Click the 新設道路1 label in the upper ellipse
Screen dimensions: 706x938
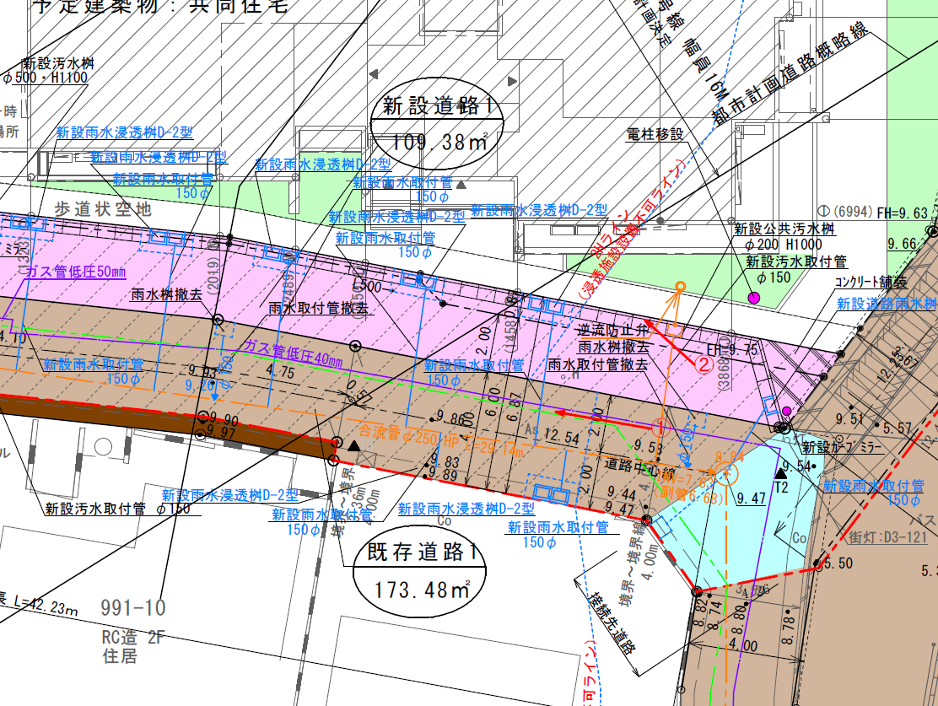click(433, 106)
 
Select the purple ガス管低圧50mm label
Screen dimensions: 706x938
click(76, 271)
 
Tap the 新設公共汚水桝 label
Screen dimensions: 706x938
click(784, 229)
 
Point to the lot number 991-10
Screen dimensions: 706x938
click(133, 607)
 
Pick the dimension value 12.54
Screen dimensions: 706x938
click(563, 436)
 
